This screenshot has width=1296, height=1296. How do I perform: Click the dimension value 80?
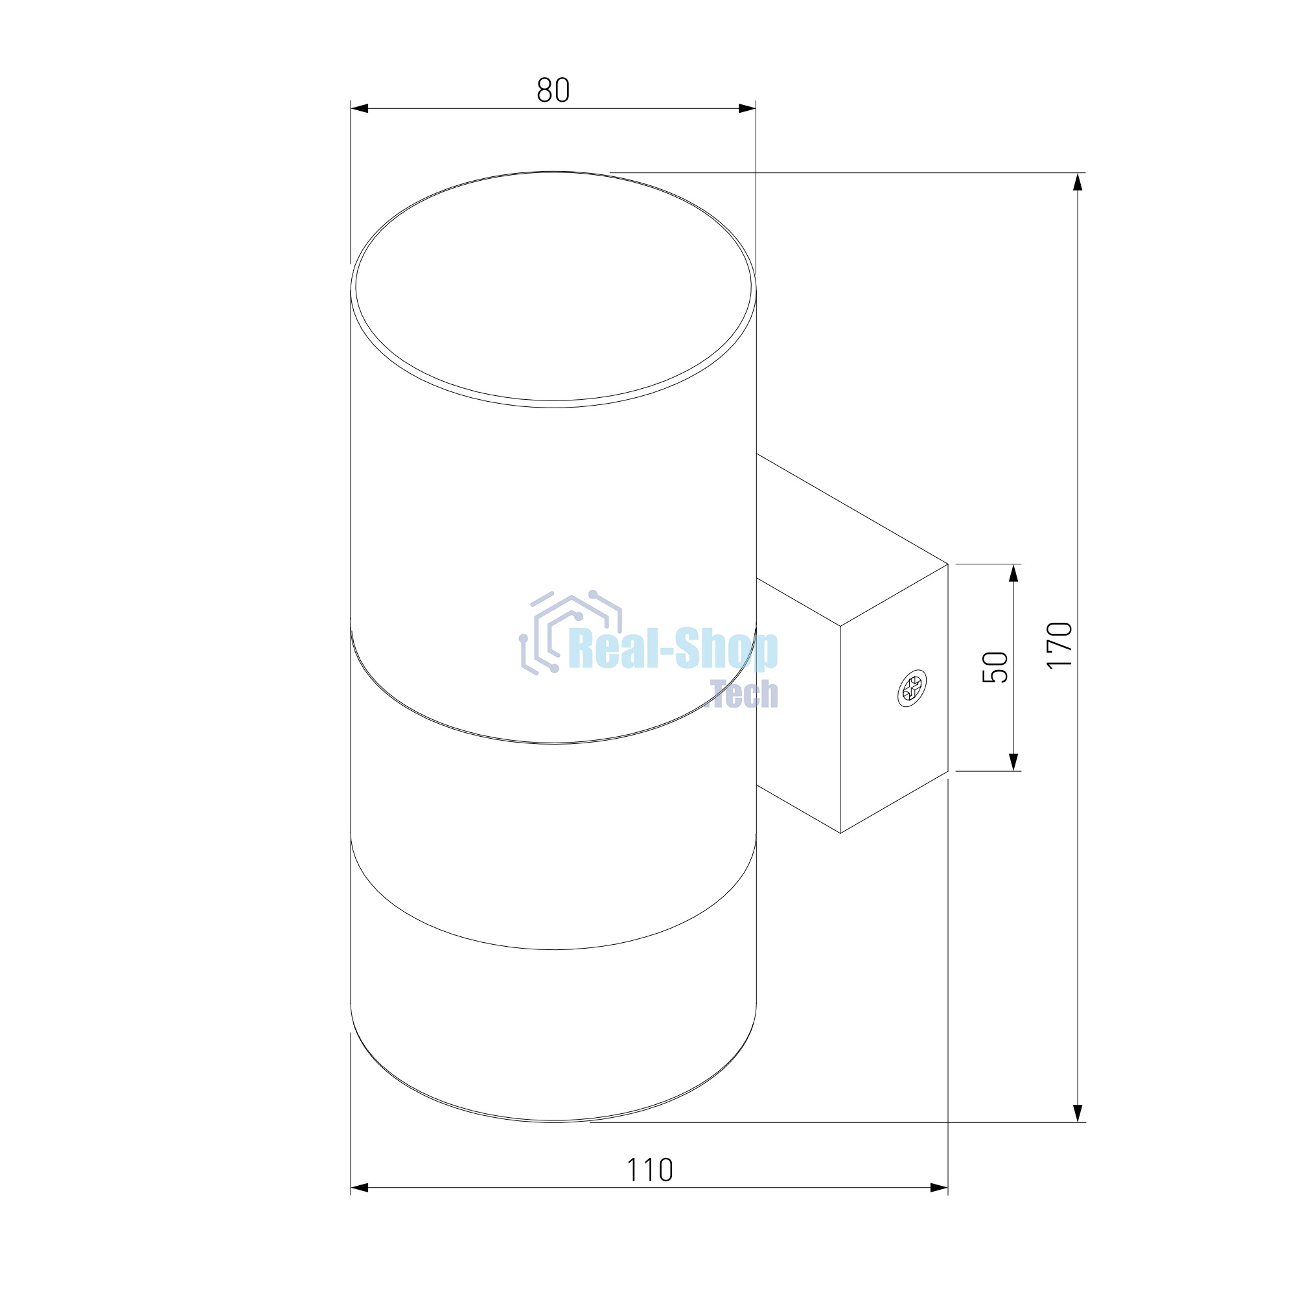pyautogui.click(x=553, y=90)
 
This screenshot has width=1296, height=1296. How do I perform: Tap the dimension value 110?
pyautogui.click(x=649, y=1170)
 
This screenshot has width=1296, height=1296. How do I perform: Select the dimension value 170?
pyautogui.click(x=1060, y=645)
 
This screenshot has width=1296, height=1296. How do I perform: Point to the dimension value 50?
pyautogui.click(x=995, y=667)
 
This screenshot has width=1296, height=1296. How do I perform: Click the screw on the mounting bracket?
pyautogui.click(x=912, y=688)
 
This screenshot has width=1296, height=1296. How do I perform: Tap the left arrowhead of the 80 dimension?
pyautogui.click(x=360, y=109)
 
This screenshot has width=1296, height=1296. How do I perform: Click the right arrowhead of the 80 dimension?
pyautogui.click(x=747, y=109)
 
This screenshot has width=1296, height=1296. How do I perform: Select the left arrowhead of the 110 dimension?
pyautogui.click(x=360, y=1188)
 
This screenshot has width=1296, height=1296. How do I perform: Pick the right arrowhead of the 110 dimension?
pyautogui.click(x=939, y=1188)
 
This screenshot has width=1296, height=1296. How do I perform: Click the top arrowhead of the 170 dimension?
pyautogui.click(x=1078, y=182)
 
